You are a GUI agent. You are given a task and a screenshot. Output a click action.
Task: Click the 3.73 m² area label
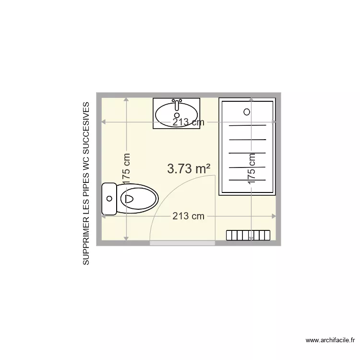189,168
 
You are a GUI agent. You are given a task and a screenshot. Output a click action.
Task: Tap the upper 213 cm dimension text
188,122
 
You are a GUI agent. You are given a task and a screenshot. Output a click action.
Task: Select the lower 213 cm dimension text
188,216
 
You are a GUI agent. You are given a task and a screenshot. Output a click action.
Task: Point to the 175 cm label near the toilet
126,168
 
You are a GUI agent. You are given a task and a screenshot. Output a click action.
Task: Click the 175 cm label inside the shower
252,168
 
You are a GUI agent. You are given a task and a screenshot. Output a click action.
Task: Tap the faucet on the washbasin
177,105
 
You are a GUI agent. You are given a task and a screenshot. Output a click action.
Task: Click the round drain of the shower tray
247,112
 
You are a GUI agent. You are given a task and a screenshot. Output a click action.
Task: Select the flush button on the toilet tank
109,198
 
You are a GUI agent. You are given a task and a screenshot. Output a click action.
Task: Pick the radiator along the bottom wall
249,235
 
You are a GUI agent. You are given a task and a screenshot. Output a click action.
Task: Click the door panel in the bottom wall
182,243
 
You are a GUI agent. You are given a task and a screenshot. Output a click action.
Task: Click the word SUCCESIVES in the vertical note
86,126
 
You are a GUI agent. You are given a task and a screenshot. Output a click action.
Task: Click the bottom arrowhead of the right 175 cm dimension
252,238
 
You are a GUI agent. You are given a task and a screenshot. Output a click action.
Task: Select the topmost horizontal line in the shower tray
248,125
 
